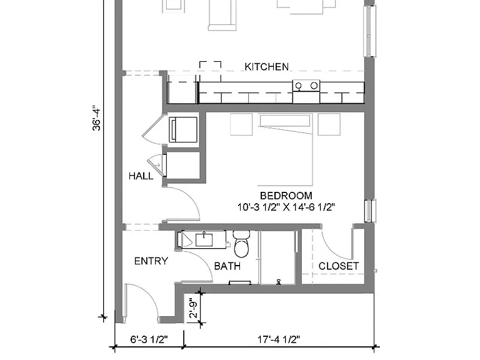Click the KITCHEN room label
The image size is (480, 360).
(x=267, y=67)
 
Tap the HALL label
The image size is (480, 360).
(x=141, y=176)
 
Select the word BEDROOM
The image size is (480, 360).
(x=286, y=196)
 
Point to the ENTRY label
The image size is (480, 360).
(x=151, y=261)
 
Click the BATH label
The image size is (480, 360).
(x=227, y=266)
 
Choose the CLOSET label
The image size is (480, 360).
(x=339, y=266)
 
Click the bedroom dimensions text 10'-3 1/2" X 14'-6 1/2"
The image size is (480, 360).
(x=286, y=207)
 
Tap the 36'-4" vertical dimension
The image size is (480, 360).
(x=96, y=119)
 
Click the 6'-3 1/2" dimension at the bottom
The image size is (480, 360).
(x=149, y=339)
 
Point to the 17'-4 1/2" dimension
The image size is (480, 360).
(x=279, y=339)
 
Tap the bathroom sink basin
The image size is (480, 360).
(x=204, y=240)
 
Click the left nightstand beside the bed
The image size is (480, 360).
(x=241, y=124)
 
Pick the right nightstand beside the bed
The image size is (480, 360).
(x=329, y=124)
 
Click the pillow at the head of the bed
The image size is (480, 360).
(x=285, y=120)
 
